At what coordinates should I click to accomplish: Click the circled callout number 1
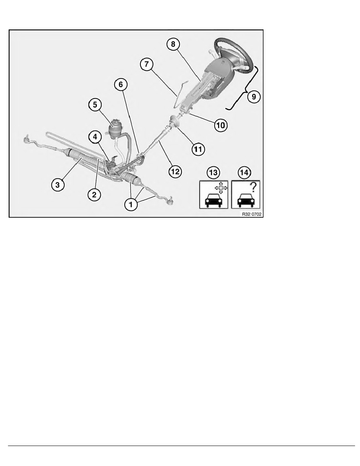[x=131, y=204]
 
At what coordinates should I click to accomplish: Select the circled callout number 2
[x=94, y=195]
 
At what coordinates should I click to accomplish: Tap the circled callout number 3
[x=58, y=185]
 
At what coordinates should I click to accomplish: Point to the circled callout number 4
[x=95, y=137]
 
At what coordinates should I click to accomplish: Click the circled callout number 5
[x=95, y=105]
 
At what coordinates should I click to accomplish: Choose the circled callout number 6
[x=121, y=84]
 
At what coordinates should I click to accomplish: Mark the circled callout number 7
[x=147, y=64]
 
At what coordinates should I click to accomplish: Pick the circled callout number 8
[x=173, y=44]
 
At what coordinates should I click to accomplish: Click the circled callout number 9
[x=254, y=96]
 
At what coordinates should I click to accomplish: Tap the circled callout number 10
[x=221, y=125]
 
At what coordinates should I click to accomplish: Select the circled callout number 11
[x=198, y=149]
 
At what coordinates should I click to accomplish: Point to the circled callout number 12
[x=175, y=171]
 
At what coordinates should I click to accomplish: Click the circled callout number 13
[x=213, y=173]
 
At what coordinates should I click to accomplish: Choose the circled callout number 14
[x=244, y=173]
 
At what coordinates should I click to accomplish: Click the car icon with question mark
[x=245, y=195]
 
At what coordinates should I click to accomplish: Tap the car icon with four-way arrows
[x=214, y=195]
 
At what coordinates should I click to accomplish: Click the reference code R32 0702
[x=252, y=214]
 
